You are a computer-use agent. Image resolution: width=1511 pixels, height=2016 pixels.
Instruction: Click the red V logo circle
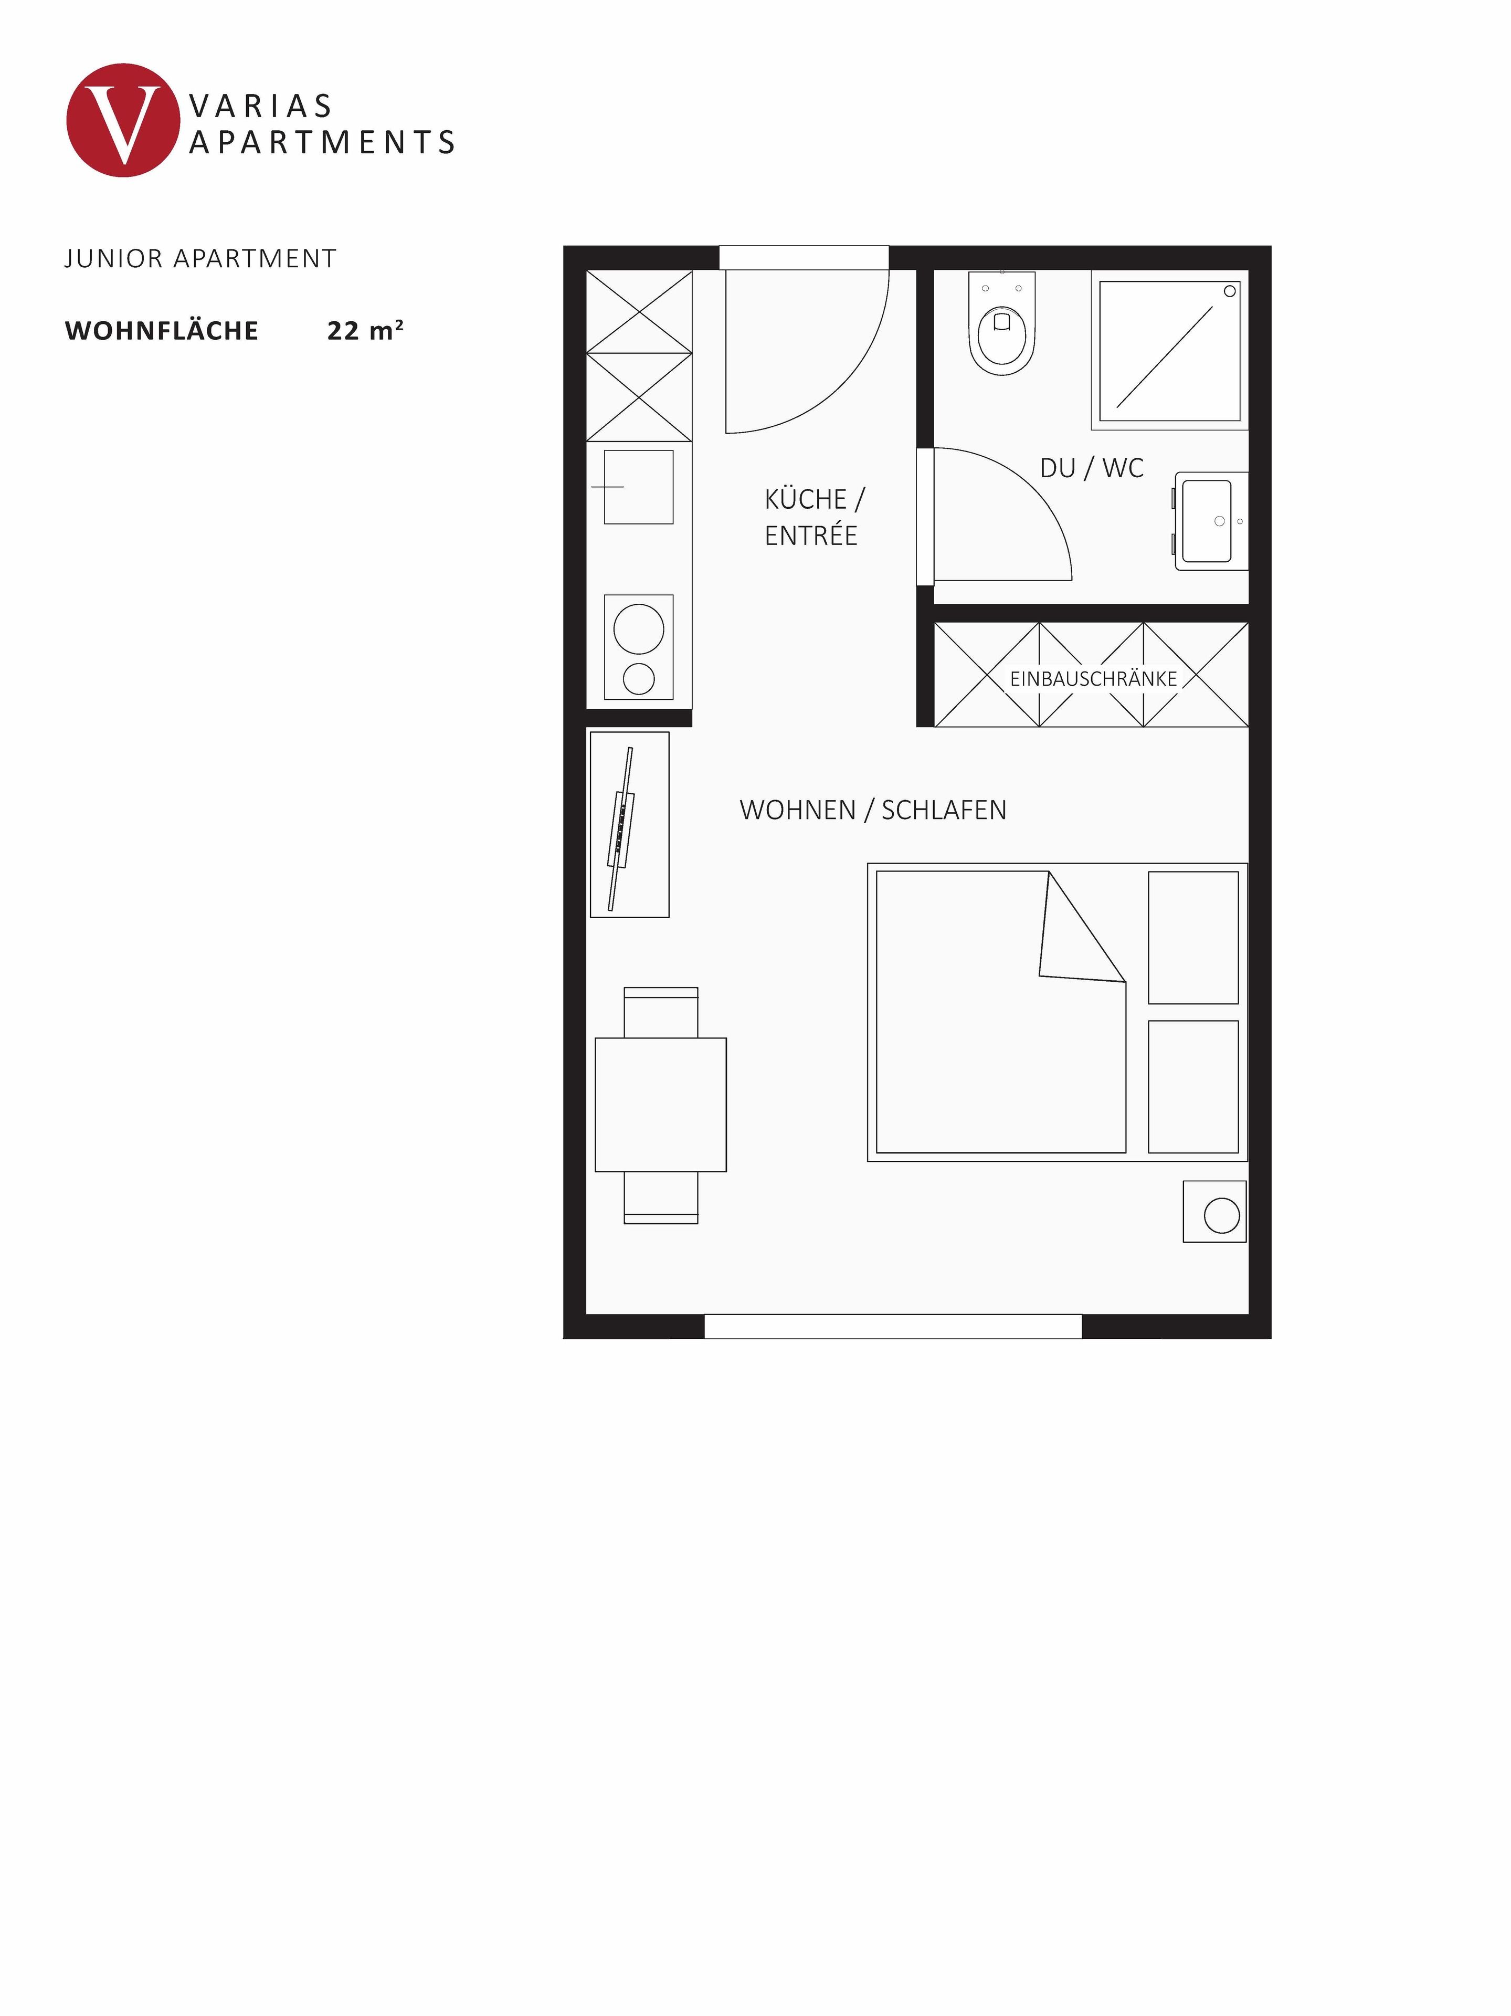point(122,120)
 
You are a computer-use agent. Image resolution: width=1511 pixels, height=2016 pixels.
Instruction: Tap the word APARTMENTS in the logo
point(322,143)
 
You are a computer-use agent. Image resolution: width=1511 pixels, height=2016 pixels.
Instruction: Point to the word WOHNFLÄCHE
point(161,331)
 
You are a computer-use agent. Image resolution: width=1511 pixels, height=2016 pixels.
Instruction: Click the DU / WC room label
point(1091,468)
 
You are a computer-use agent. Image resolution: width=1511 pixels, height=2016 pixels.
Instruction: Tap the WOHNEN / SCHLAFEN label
point(872,810)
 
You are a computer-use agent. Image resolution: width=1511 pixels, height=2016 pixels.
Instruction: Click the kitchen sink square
point(638,487)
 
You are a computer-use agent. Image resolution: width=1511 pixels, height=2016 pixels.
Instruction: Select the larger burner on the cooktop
point(638,629)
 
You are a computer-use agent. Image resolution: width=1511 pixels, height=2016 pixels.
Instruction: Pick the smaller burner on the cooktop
point(638,679)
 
